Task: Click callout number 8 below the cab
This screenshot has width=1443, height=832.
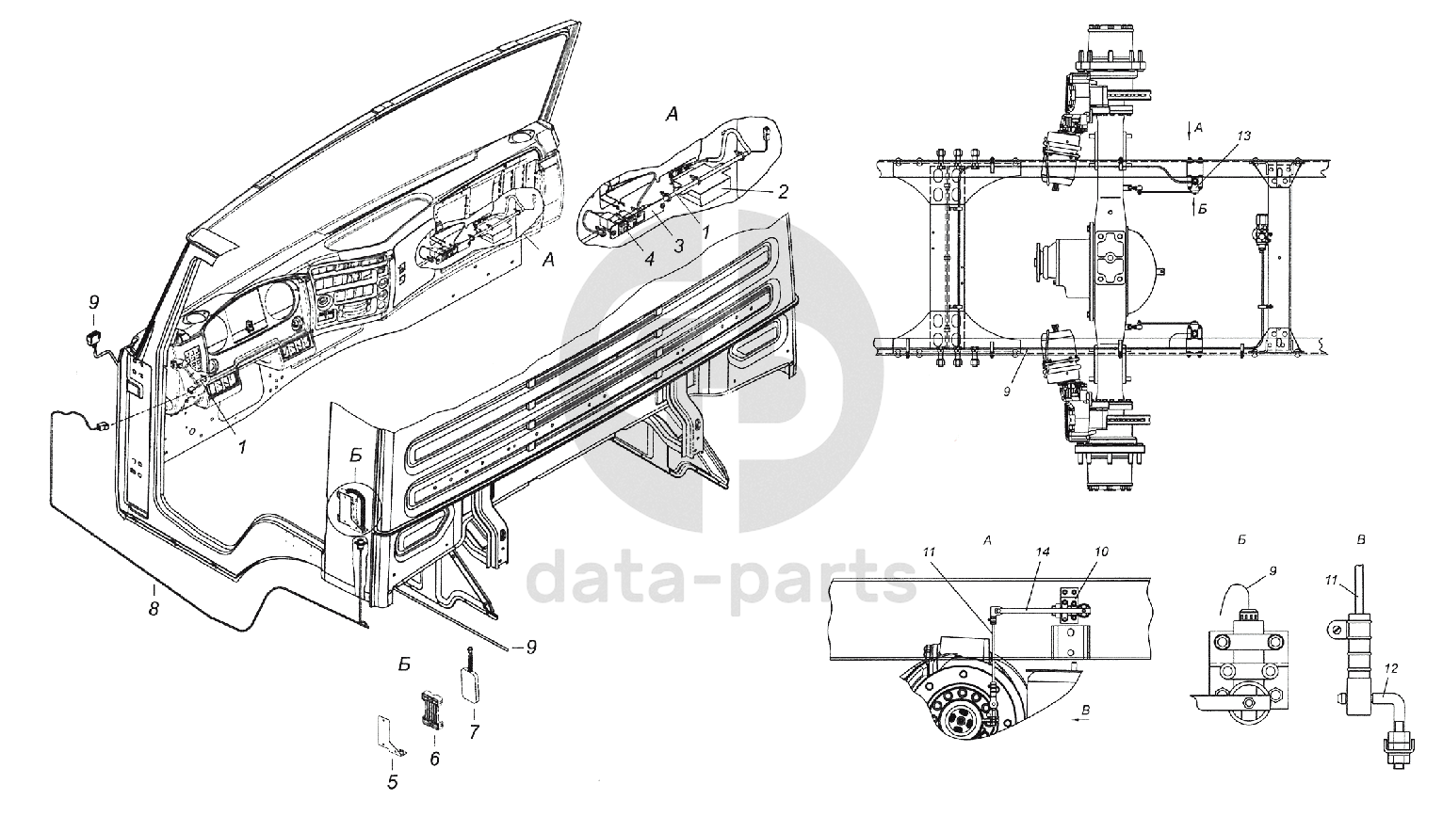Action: [x=154, y=608]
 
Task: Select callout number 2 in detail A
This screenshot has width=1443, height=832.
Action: [x=782, y=191]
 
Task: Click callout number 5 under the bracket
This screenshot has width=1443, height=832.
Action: [x=393, y=781]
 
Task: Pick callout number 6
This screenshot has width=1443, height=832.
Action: [x=434, y=758]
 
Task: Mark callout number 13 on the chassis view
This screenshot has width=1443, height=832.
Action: [x=1243, y=136]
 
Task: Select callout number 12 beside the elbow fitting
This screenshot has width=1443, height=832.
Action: [x=1392, y=669]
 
